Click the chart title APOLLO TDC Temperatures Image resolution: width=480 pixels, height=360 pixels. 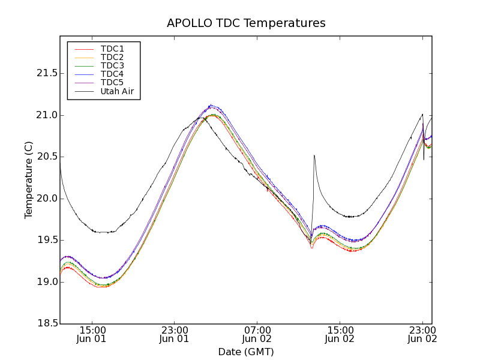pos(246,23)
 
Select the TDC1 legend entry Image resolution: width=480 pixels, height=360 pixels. pos(112,49)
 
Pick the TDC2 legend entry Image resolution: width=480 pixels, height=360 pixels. pos(112,57)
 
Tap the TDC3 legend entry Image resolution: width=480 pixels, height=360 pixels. pos(112,65)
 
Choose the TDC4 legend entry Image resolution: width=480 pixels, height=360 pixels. pos(112,74)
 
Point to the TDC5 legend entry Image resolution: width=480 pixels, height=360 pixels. pos(112,82)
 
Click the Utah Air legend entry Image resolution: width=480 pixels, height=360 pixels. pos(117,91)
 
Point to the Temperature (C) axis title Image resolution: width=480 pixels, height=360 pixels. pos(29,180)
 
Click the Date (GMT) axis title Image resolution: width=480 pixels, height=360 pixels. pos(246,352)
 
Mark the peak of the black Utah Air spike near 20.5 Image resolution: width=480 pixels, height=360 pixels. pos(314,155)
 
